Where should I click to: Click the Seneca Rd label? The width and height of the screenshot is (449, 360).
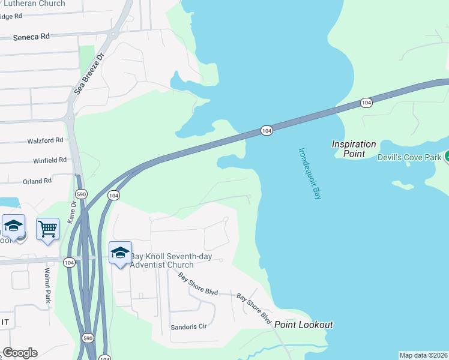(32, 37)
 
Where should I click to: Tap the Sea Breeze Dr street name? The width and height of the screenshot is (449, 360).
(89, 73)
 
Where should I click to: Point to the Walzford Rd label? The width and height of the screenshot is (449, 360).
(45, 140)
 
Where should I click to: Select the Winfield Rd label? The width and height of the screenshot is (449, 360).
(49, 160)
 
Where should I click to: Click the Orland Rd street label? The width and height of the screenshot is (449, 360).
(37, 181)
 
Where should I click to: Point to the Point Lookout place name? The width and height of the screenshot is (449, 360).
(304, 325)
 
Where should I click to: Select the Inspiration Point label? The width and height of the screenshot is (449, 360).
(354, 149)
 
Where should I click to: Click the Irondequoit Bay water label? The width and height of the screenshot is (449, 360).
(310, 173)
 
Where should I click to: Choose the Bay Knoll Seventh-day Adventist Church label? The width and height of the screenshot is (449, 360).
(163, 260)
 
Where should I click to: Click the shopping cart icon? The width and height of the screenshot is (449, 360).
(47, 229)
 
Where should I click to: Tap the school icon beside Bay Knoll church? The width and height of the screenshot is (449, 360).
(120, 253)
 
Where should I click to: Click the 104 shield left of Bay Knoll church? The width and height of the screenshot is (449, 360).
(69, 262)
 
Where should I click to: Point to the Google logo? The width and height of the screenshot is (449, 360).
(19, 353)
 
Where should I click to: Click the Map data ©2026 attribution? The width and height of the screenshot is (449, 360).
(424, 355)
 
